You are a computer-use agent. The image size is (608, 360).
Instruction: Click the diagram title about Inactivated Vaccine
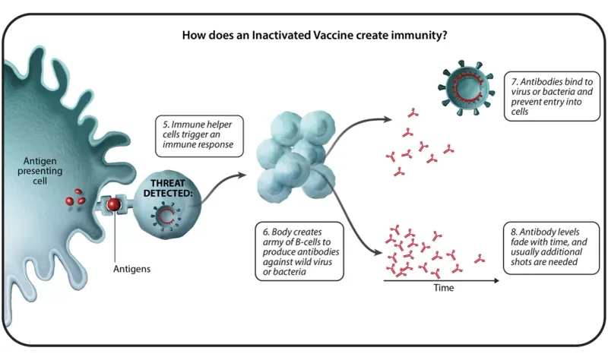[x=303, y=35]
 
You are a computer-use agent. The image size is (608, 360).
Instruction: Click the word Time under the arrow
[x=443, y=289]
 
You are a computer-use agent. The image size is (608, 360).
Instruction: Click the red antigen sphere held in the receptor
[x=113, y=205]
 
